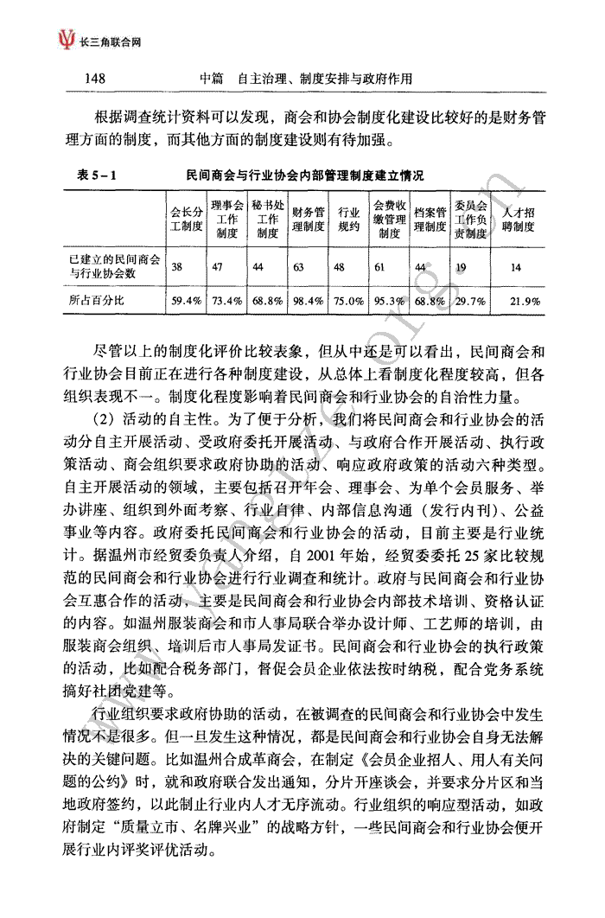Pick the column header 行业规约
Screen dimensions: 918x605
[347, 220]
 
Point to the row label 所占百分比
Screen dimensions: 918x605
[97, 300]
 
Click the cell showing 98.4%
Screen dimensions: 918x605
[309, 301]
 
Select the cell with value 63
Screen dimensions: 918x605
[299, 267]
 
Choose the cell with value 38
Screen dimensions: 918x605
[176, 267]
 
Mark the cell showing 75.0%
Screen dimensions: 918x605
[348, 301]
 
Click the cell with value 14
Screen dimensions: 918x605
[516, 267]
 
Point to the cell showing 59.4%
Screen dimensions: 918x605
[186, 301]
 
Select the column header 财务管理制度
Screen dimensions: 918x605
[309, 220]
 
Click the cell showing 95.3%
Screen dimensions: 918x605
[389, 301]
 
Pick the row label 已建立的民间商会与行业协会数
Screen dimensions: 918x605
[102, 266]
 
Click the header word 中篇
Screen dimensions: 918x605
[212, 79]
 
